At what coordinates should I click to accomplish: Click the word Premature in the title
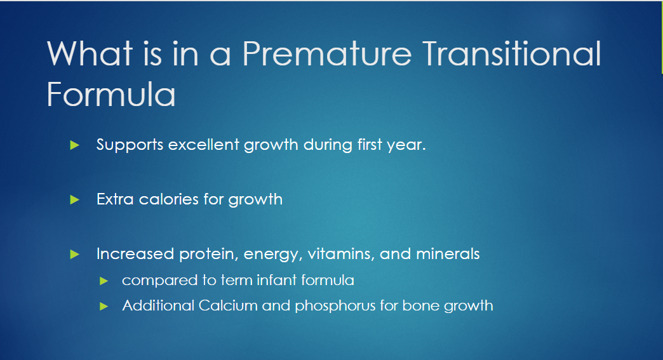click(x=326, y=54)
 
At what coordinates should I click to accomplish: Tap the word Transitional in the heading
click(x=512, y=53)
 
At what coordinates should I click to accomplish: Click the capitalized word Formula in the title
click(x=110, y=94)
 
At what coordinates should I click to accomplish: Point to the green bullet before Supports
click(x=74, y=145)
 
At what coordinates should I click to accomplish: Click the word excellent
click(x=204, y=145)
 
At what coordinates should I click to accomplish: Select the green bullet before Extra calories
click(x=74, y=199)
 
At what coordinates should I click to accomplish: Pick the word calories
click(x=169, y=199)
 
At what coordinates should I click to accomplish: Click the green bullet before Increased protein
click(x=74, y=255)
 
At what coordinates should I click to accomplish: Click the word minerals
click(x=448, y=253)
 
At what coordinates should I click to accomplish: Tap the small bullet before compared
click(x=104, y=281)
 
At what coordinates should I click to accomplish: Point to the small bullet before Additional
click(x=104, y=306)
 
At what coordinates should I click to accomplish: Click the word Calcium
click(x=228, y=305)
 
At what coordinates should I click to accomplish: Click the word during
click(x=328, y=145)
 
